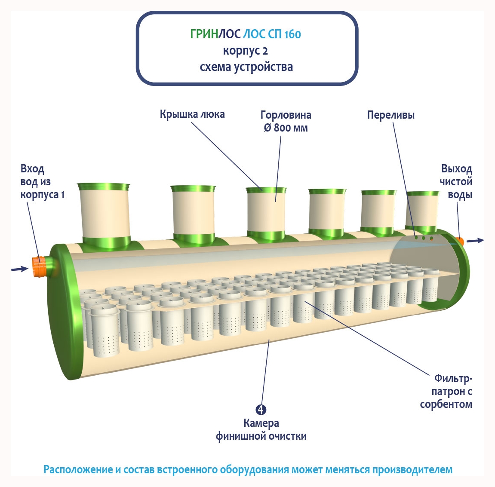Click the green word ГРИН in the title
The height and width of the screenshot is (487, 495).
(x=204, y=34)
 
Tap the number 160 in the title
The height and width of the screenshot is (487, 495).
(x=292, y=34)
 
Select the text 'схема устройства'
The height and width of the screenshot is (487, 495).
(x=246, y=67)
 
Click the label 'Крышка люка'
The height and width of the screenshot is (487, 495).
(x=192, y=114)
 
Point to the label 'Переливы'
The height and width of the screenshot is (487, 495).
(x=390, y=115)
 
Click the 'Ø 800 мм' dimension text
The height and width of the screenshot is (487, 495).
(x=286, y=128)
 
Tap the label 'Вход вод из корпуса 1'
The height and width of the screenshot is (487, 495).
(x=42, y=182)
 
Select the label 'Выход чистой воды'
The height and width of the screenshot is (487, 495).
(x=456, y=181)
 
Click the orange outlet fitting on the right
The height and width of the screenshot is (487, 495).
(x=460, y=241)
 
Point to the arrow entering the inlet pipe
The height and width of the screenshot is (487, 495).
(x=19, y=269)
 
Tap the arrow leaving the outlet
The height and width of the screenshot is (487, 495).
(x=475, y=241)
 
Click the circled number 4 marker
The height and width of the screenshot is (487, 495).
(x=261, y=410)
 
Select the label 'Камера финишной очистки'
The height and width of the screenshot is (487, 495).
(x=261, y=430)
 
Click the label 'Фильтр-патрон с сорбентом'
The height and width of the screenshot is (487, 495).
(x=447, y=391)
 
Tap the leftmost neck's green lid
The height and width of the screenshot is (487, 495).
(x=103, y=187)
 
